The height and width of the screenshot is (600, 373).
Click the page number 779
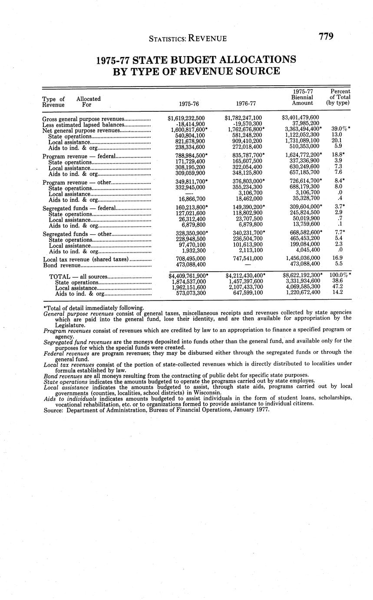[x=326, y=37]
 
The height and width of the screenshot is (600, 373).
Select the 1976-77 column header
[x=246, y=104]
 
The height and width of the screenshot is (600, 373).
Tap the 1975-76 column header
[x=189, y=104]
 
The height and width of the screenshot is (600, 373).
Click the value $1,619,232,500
[x=186, y=118]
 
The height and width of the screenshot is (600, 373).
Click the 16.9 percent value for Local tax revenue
[x=337, y=259]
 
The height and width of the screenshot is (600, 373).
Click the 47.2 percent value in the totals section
[x=337, y=287]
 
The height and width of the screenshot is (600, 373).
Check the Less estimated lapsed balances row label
[x=83, y=124]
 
